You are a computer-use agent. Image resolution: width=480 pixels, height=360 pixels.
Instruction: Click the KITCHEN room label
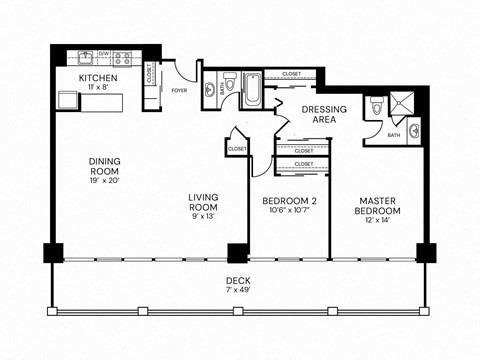(x=98, y=77)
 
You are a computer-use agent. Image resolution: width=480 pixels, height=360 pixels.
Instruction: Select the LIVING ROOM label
(x=204, y=202)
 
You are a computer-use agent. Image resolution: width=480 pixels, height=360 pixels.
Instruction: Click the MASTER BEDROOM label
(x=379, y=206)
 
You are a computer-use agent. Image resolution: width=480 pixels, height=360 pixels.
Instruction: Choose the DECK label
(x=237, y=280)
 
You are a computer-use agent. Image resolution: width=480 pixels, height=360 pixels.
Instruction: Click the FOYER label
(x=180, y=89)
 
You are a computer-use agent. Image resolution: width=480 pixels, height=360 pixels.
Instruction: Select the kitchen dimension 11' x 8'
(x=98, y=88)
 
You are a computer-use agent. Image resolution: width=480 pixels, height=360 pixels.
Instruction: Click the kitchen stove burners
(x=122, y=58)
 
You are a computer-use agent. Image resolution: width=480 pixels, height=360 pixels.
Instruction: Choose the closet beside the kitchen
(x=149, y=73)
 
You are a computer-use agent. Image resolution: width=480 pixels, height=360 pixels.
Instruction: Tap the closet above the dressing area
(x=291, y=74)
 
